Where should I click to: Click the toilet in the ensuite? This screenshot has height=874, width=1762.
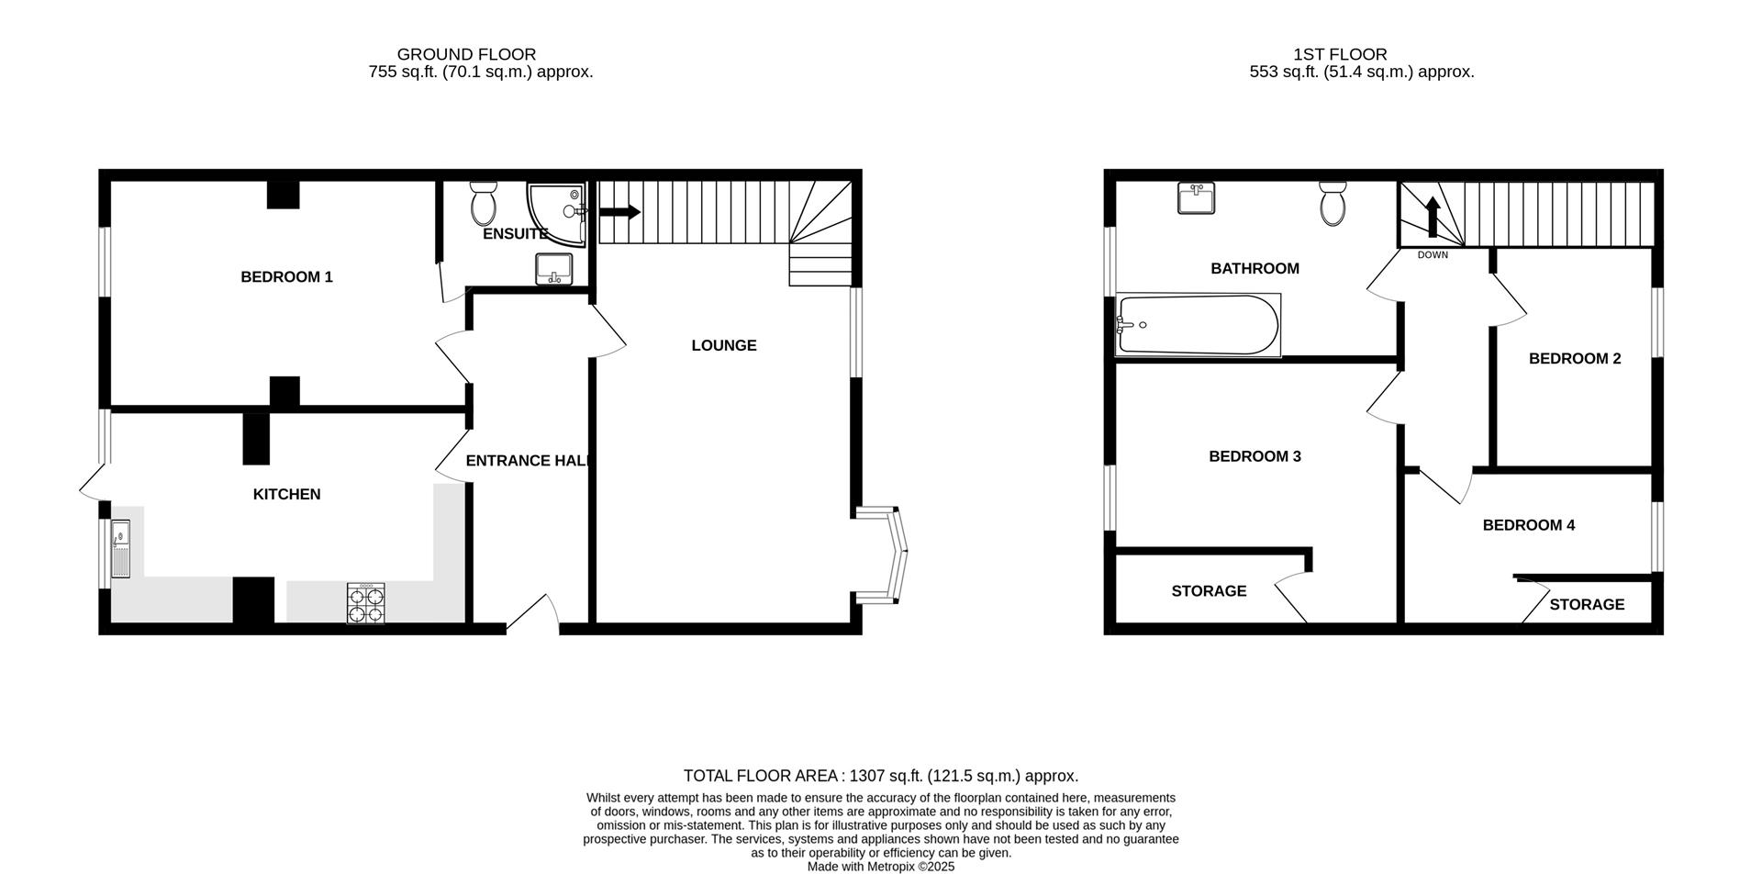(x=484, y=203)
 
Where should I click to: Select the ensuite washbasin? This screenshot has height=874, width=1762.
(x=553, y=269)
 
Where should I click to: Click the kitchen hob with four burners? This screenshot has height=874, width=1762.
(x=365, y=604)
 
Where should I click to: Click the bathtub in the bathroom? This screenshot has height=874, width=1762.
(x=1198, y=325)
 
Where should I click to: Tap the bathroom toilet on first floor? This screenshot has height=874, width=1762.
(x=1333, y=203)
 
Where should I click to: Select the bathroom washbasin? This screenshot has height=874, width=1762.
(x=1196, y=198)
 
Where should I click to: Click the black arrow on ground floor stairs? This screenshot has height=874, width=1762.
(x=619, y=212)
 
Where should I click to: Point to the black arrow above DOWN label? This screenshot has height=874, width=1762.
(x=1433, y=220)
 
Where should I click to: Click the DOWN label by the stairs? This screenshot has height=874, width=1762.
(x=1433, y=255)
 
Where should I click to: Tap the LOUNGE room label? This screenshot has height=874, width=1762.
(x=724, y=346)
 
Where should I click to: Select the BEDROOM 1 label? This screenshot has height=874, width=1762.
(x=286, y=277)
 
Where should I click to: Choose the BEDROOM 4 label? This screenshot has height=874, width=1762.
(x=1529, y=525)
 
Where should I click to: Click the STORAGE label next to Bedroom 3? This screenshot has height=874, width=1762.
(x=1209, y=591)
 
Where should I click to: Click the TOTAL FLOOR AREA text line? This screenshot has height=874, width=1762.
(x=880, y=777)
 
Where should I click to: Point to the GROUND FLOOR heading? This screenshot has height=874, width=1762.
(x=466, y=55)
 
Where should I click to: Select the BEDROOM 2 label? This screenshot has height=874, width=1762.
(x=1575, y=359)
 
